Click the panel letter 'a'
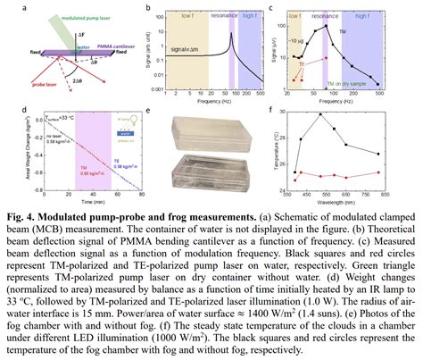[8, 9]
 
